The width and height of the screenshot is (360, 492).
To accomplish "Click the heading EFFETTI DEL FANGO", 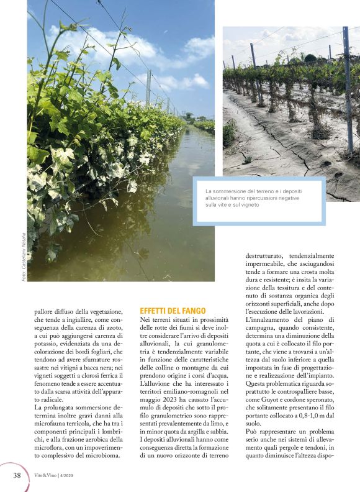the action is (168, 310).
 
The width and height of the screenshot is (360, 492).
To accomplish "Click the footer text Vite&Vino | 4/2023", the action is (60, 475).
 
